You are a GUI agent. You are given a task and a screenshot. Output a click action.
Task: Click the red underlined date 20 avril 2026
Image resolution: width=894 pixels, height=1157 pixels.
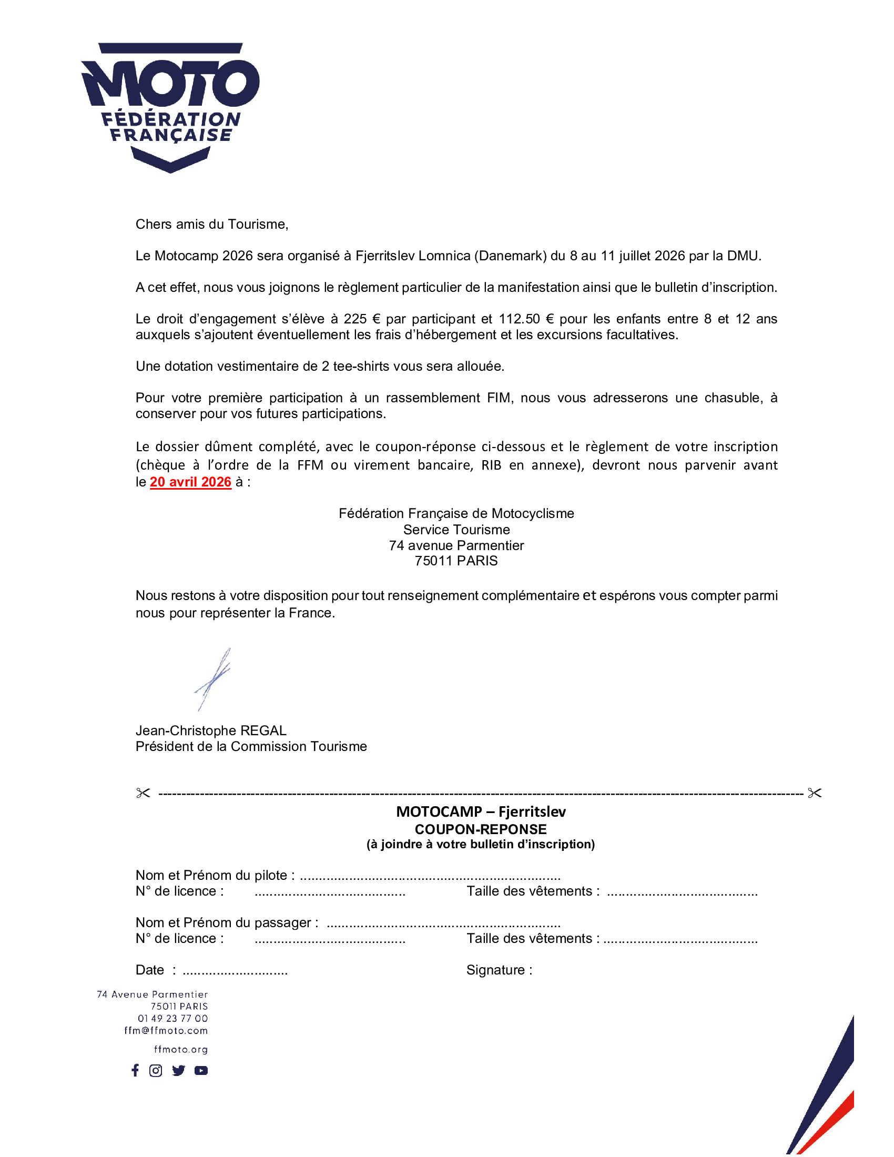coord(191,482)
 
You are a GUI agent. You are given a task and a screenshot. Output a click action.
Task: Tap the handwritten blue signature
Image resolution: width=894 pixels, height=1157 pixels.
coord(213,679)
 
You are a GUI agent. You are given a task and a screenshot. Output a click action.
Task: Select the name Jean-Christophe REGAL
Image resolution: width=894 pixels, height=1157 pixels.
coord(211,730)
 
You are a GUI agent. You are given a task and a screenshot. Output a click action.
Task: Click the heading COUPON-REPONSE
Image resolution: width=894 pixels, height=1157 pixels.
coord(480,829)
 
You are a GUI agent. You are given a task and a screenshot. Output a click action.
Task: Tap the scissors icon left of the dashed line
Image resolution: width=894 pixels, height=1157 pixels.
coord(143,793)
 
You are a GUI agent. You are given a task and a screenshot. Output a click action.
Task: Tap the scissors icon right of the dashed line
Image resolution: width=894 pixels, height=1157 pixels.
coord(815,793)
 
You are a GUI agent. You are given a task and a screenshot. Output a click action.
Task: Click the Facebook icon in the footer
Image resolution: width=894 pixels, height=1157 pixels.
coord(135,1070)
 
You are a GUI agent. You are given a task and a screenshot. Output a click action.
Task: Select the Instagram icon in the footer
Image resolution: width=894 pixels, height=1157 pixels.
coord(156,1071)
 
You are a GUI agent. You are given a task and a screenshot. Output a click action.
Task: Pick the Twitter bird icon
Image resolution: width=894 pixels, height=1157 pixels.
coord(178,1071)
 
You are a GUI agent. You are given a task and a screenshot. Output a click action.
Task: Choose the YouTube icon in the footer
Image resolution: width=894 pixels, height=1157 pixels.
coord(201,1071)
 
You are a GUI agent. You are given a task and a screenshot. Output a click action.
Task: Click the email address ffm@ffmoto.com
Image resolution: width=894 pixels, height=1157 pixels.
coord(166,1030)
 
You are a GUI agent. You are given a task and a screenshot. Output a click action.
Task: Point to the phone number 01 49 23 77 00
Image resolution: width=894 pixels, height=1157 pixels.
coord(172,1018)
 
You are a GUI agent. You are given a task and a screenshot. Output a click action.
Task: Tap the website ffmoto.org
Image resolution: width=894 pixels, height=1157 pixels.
coord(180,1050)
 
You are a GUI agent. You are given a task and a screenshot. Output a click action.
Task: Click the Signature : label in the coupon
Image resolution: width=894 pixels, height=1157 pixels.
coord(499,970)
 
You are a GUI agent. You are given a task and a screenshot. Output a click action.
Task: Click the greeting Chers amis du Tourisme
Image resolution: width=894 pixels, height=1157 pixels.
coord(212,224)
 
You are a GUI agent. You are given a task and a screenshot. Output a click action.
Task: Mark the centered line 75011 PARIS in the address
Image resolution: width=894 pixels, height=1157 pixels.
coord(456,561)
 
